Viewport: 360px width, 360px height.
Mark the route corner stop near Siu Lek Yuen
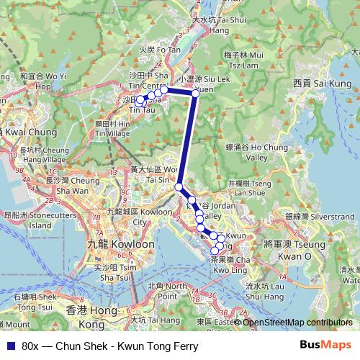point(196,93)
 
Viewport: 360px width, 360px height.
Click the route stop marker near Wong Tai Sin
point(179,187)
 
